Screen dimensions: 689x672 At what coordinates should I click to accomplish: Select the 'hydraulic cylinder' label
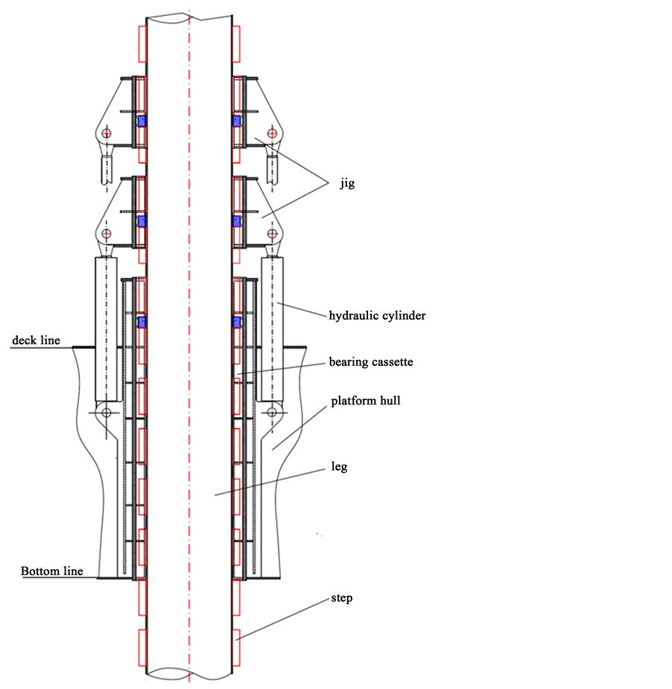click(x=377, y=316)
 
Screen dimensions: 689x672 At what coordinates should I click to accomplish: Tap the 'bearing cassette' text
click(x=370, y=363)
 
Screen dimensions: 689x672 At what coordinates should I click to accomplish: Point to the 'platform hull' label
click(x=366, y=401)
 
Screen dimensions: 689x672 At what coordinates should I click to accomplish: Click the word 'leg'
click(x=340, y=468)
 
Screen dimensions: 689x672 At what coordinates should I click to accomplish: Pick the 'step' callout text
click(x=342, y=598)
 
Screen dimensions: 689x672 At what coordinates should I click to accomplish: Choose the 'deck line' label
click(x=35, y=341)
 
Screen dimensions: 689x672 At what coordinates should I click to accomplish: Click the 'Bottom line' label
click(x=51, y=572)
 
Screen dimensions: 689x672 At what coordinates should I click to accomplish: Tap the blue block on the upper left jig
click(x=142, y=121)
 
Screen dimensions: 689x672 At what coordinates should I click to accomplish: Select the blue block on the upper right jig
click(x=238, y=121)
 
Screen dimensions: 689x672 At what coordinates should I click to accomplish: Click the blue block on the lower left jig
click(x=142, y=221)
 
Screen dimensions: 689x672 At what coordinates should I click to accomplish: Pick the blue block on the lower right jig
click(x=238, y=221)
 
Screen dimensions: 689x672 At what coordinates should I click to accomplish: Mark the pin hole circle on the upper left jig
click(x=107, y=133)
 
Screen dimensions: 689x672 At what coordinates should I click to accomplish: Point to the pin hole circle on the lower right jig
click(x=273, y=234)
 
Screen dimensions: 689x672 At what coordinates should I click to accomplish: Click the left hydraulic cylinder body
click(x=107, y=328)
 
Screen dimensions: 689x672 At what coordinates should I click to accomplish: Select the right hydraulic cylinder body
click(x=272, y=328)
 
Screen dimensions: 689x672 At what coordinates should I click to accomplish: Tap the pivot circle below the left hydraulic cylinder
click(x=107, y=412)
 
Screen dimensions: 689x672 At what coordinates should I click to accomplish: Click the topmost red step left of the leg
click(x=142, y=44)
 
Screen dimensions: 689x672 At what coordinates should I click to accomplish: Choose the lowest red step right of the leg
click(x=236, y=647)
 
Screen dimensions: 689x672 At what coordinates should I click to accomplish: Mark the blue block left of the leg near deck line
click(x=142, y=322)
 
